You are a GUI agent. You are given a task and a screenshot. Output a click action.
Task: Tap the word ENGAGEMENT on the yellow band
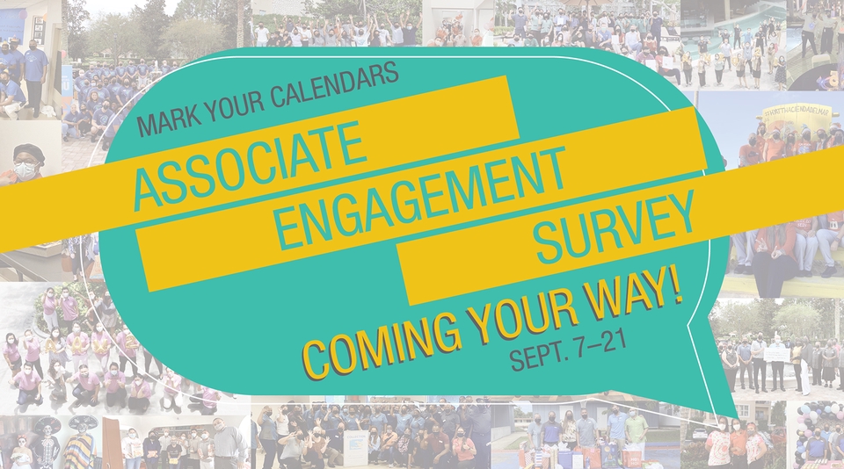tap(423, 197)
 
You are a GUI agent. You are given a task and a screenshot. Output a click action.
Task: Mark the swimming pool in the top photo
tap(727, 28)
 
